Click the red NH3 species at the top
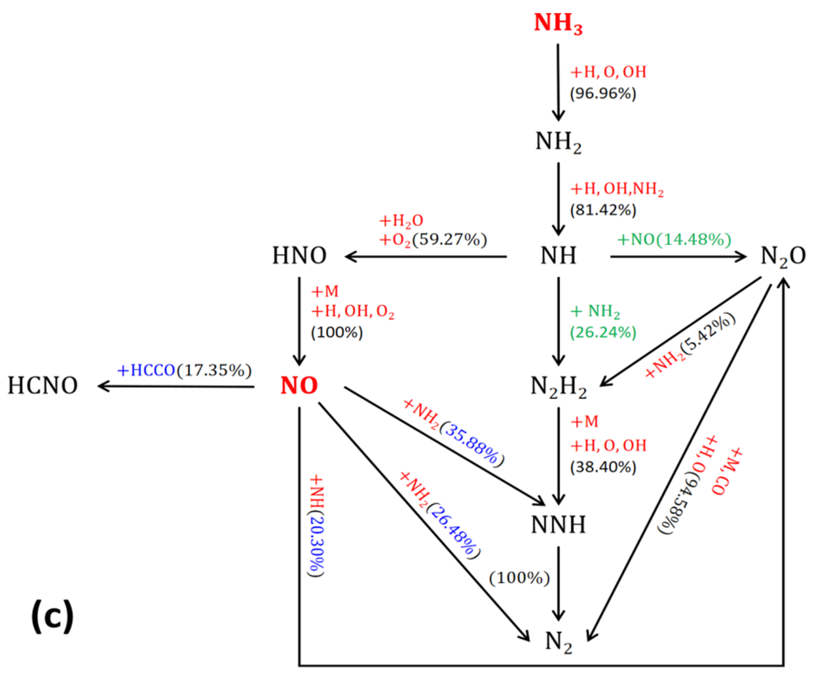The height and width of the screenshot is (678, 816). (x=558, y=23)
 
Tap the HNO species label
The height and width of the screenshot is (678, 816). (x=299, y=256)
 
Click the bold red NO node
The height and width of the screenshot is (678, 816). (x=299, y=386)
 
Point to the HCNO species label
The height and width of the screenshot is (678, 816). (x=43, y=386)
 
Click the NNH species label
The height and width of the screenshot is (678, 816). (x=558, y=525)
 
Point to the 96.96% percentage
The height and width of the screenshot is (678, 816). (x=603, y=94)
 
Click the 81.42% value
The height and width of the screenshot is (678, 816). (x=603, y=210)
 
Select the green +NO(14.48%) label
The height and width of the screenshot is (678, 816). (x=674, y=240)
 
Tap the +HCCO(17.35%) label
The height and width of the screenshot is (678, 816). (x=184, y=370)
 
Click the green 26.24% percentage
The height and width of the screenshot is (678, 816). (x=603, y=333)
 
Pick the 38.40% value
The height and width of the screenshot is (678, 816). (x=603, y=467)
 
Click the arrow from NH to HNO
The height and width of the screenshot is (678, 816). (x=426, y=256)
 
